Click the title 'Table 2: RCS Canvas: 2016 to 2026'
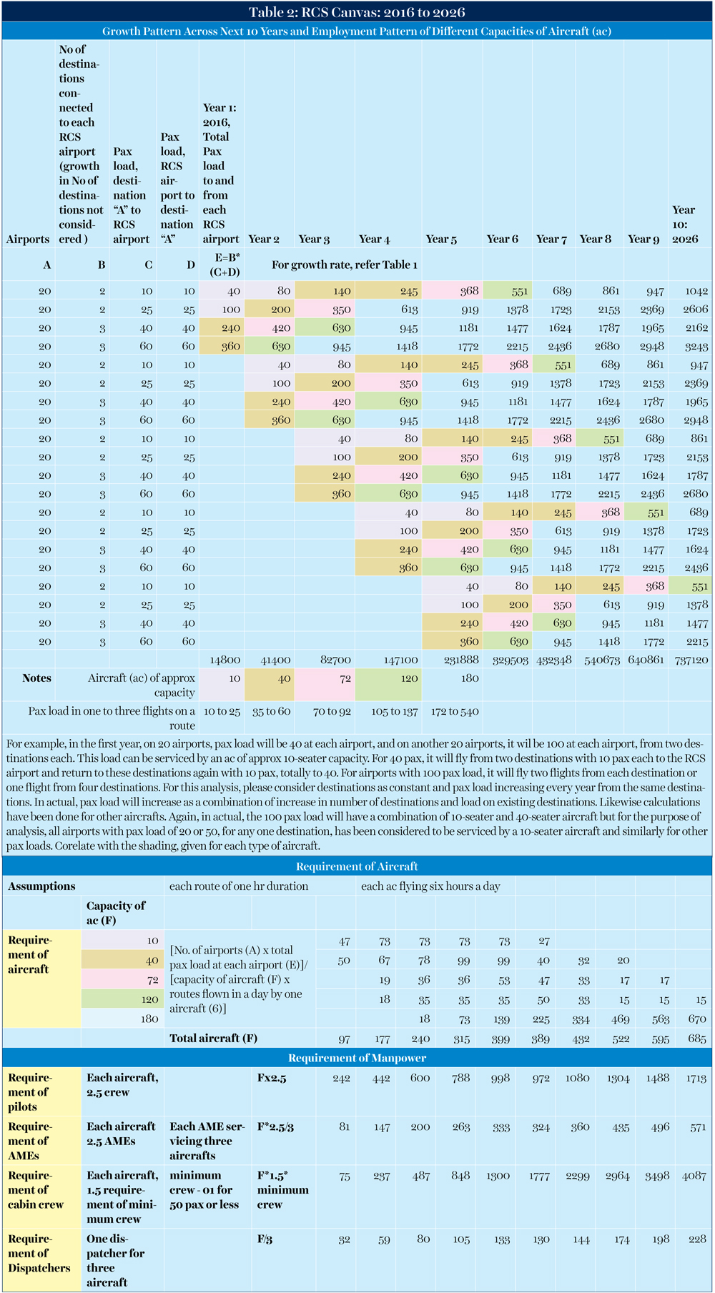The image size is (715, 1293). point(357,11)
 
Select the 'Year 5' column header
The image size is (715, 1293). point(441,239)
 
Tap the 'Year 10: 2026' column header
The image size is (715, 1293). point(685,224)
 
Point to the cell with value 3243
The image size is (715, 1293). point(695,347)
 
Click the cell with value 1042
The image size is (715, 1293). point(695,291)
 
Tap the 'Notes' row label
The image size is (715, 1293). point(36,678)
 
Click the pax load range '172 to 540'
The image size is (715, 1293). point(455,711)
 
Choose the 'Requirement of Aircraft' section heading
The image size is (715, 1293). point(357,867)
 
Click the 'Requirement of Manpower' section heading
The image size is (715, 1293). point(357,1058)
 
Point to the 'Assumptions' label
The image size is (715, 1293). point(41,886)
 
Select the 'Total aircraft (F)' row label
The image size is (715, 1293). point(213,1039)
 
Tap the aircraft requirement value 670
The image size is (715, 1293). point(696,1019)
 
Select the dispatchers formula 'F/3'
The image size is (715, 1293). point(265,1239)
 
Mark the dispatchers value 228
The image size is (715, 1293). point(696,1239)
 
